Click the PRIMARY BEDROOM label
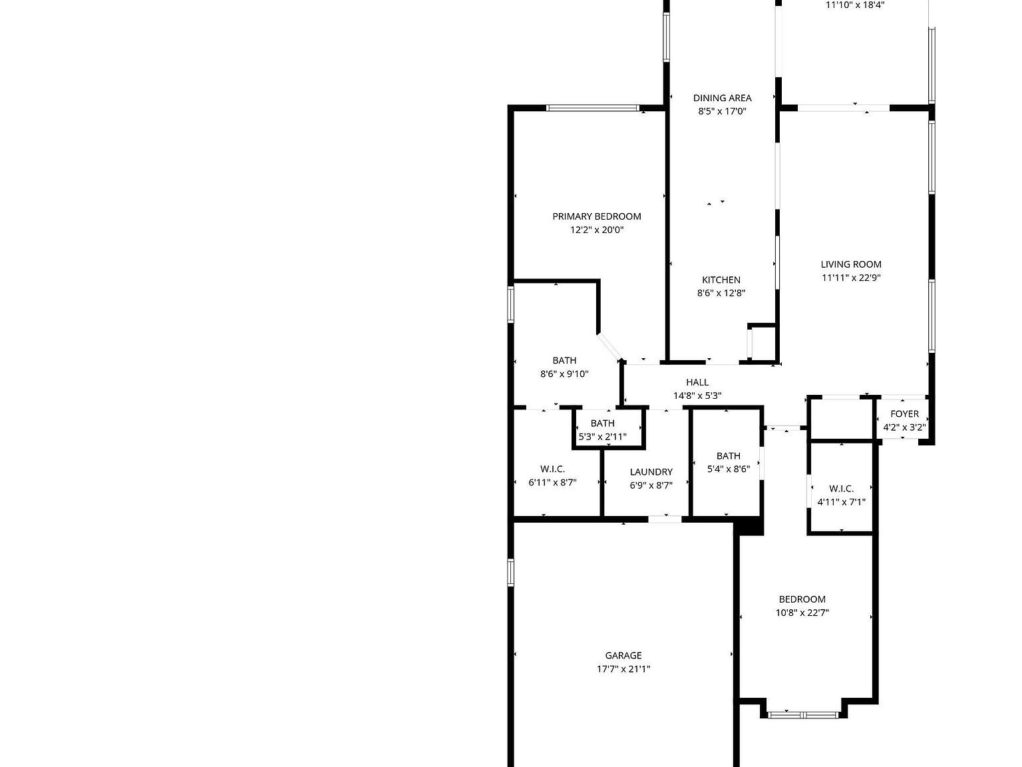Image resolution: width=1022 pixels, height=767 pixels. click(x=597, y=216)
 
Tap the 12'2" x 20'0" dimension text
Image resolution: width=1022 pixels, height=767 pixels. click(x=597, y=230)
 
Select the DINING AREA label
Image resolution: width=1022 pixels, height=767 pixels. click(x=722, y=98)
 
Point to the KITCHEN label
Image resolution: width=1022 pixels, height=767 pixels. click(x=721, y=280)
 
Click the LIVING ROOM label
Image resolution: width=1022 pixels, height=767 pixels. click(x=851, y=264)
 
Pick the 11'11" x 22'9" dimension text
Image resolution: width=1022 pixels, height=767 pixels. click(x=851, y=278)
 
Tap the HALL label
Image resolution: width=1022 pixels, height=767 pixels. click(x=697, y=382)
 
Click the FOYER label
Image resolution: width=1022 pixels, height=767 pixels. click(x=904, y=413)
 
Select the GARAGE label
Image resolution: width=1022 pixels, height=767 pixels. click(x=623, y=655)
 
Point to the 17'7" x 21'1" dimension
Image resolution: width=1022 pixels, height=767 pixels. click(x=623, y=669)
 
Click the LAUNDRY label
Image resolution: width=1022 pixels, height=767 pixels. click(x=651, y=472)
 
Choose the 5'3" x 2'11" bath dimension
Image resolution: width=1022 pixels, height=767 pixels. click(x=602, y=437)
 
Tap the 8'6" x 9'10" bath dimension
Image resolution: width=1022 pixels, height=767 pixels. click(x=564, y=374)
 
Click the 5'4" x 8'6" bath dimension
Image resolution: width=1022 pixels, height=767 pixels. click(x=729, y=469)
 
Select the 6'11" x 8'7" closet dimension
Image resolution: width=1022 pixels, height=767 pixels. click(x=552, y=483)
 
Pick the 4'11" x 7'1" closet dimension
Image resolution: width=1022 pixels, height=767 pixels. click(x=842, y=502)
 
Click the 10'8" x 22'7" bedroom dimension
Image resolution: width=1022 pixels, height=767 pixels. click(x=802, y=613)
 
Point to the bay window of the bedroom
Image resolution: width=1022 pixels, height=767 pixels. click(x=803, y=715)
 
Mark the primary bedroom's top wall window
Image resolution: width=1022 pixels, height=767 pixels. click(x=592, y=108)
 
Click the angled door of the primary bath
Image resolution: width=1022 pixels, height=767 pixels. click(x=609, y=346)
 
